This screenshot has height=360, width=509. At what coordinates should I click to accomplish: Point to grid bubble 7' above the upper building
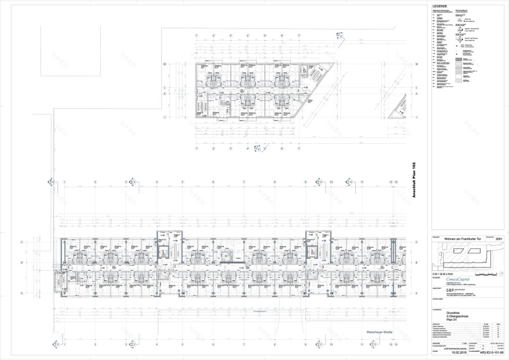(x=299, y=36)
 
